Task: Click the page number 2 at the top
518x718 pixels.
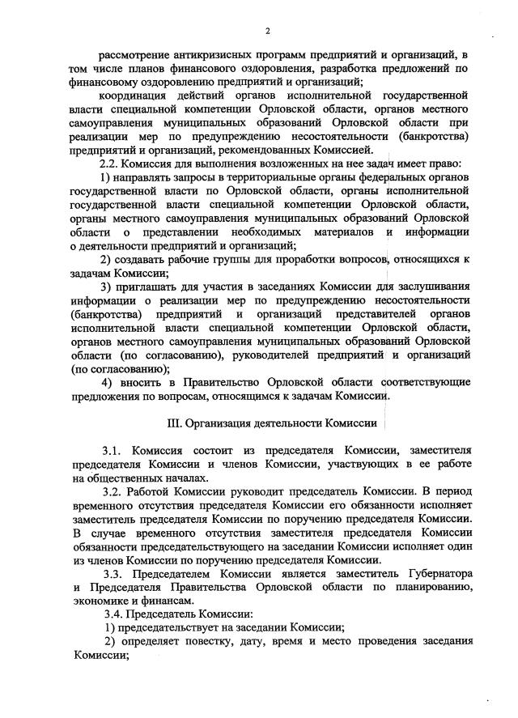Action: (266, 31)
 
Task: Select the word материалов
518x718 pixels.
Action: (339, 231)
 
